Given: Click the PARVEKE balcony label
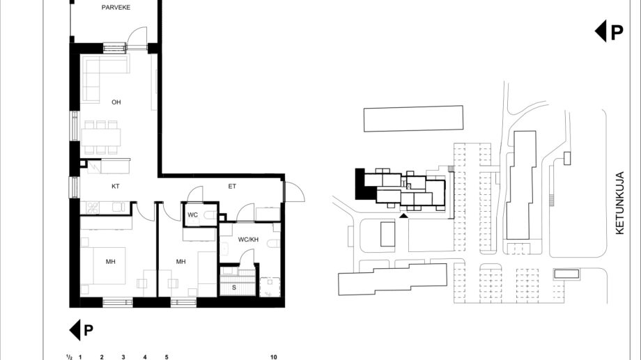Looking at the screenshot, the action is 116,8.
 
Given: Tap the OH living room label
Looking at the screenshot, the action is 116,102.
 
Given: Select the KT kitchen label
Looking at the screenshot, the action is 115,187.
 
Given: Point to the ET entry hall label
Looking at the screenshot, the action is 232,187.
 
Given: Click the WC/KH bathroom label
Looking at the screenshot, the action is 248,240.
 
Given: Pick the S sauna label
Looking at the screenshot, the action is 234,288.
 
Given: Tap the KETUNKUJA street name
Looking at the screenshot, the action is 619,203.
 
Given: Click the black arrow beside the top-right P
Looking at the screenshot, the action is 600,31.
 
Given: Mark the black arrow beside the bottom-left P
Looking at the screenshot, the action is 75,330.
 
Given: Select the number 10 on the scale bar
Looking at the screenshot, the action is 274,357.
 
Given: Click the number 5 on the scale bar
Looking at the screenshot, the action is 167,357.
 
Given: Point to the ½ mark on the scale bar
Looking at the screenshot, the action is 70,357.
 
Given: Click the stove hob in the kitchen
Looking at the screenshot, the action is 93,208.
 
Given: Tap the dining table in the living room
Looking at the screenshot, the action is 101,137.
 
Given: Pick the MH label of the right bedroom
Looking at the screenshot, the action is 180,262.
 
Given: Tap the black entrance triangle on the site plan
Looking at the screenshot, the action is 403,216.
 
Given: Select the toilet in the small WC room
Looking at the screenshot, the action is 210,215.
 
